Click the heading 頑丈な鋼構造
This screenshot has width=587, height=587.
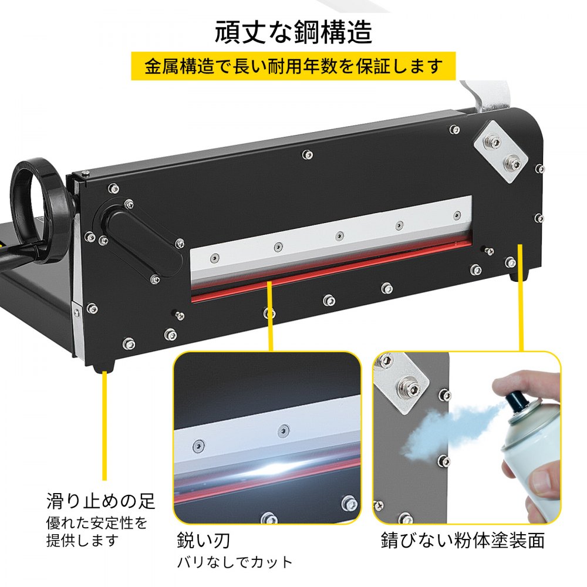293,32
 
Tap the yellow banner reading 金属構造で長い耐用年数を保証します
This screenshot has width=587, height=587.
293,67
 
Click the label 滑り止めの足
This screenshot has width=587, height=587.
100,501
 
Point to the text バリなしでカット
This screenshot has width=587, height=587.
235,562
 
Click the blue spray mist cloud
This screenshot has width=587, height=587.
446,429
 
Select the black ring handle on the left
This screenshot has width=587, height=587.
38,211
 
